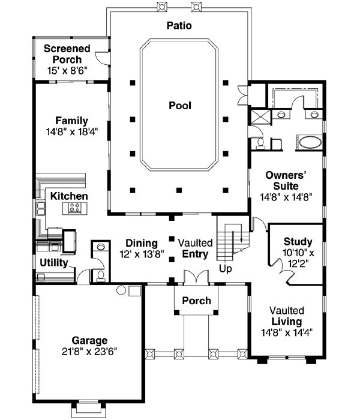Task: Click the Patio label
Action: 179,25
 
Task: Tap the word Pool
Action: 180,105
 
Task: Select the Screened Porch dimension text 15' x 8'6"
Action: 67,71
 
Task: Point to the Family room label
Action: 71,121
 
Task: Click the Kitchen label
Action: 69,196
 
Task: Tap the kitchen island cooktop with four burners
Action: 75,208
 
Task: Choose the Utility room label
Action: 54,263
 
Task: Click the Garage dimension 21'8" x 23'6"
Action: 89,351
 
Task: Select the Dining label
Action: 142,243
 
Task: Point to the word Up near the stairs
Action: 226,269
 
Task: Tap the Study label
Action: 298,242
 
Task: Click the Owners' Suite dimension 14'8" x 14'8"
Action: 286,197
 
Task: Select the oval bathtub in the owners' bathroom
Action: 310,143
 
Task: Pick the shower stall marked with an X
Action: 260,116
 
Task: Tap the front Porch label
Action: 197,301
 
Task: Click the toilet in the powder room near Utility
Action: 101,275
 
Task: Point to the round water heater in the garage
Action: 121,290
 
